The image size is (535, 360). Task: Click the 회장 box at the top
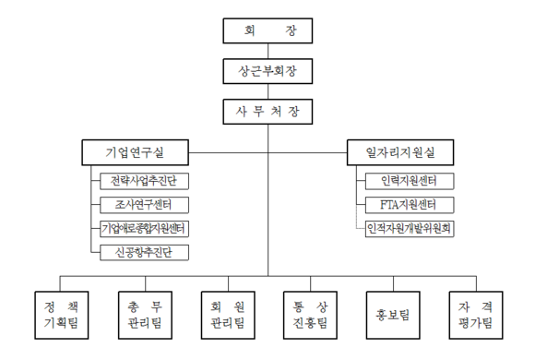267,30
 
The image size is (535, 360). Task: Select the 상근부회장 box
267,71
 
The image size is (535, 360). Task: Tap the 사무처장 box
267,113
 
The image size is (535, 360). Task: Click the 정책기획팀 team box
62,314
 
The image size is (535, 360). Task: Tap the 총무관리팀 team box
145,314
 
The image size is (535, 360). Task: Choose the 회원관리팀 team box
227,314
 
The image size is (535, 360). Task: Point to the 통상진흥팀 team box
310,314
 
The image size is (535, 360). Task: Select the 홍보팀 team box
392,314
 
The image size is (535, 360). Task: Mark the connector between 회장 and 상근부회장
267,51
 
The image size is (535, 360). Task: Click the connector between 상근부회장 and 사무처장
267,92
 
